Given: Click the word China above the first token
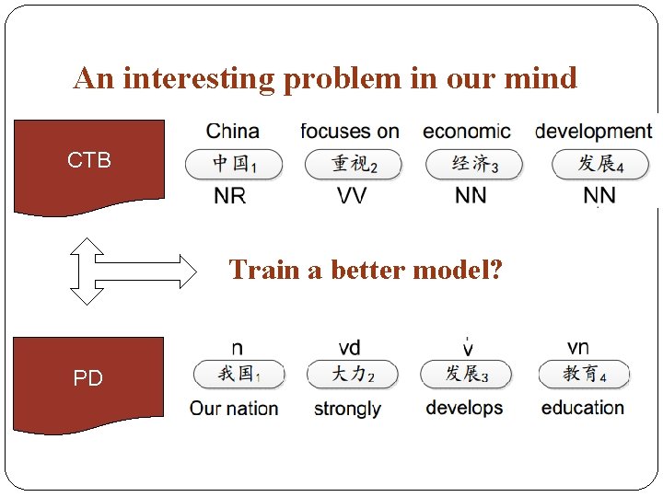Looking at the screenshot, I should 232,132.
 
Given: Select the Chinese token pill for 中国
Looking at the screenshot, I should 234,165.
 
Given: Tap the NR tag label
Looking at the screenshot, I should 230,195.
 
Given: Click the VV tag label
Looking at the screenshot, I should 351,195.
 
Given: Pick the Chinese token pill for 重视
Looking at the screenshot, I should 354,165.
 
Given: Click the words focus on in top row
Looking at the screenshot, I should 350,132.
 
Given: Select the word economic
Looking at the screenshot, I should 466,132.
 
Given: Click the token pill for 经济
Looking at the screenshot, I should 473,165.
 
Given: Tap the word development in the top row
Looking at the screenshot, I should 593,132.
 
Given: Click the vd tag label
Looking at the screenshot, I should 349,348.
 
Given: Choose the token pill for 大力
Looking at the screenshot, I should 353,375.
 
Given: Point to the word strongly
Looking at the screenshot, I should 347,408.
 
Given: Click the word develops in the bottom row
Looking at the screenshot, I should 464,408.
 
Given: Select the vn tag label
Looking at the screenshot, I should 578,347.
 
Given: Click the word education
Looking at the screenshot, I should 582,408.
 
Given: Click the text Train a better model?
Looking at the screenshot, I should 366,270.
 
